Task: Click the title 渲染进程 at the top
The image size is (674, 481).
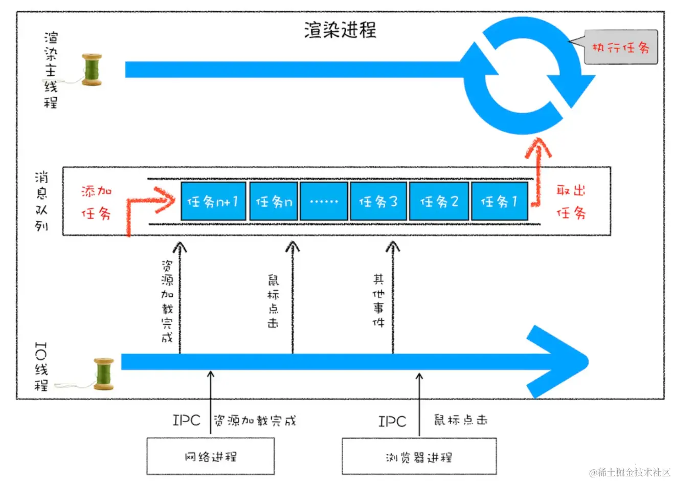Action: click(x=340, y=30)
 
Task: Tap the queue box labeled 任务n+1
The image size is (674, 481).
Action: click(x=213, y=202)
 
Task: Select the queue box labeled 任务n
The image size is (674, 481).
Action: click(x=274, y=202)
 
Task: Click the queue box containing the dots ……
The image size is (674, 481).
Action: click(x=324, y=202)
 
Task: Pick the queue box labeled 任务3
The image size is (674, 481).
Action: click(x=378, y=202)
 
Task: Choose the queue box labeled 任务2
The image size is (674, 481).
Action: click(x=439, y=202)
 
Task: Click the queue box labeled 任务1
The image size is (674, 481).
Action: click(x=499, y=202)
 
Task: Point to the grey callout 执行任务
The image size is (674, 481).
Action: click(x=620, y=48)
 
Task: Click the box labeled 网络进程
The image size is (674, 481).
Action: click(x=210, y=456)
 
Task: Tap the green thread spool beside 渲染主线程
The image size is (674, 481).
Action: click(x=93, y=70)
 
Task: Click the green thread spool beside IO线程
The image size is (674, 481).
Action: click(x=104, y=374)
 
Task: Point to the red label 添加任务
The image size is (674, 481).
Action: click(x=97, y=202)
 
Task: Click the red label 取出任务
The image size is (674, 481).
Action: click(x=571, y=202)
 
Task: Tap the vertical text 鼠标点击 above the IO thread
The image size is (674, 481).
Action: click(x=274, y=301)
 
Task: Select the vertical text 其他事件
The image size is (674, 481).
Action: click(x=378, y=300)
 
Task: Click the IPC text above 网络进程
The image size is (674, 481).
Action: click(x=186, y=421)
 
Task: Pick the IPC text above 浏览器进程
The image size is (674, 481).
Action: click(x=392, y=422)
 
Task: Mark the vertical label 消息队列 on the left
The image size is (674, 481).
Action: click(x=41, y=201)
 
